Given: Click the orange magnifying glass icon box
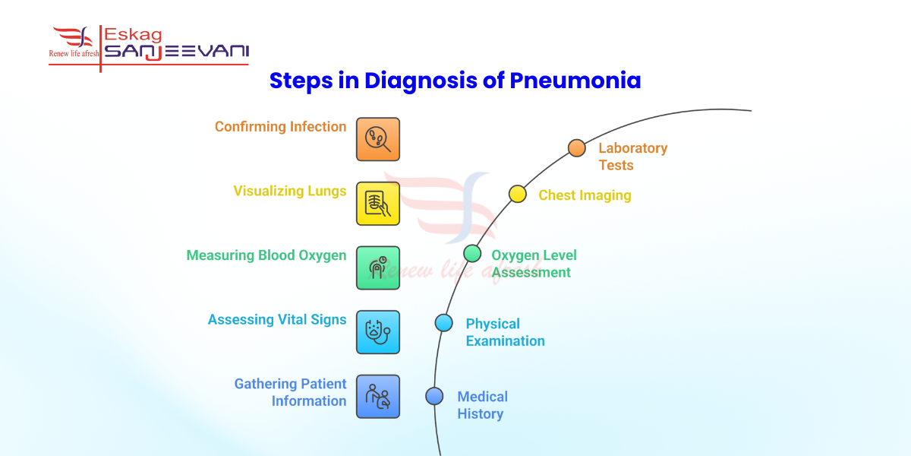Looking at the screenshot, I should point(378,139).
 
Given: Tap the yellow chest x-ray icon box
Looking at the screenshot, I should point(378,204).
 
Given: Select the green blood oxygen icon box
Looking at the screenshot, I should point(378,268).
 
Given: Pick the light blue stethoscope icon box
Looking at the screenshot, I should point(378,332).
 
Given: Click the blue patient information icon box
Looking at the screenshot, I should point(378,397).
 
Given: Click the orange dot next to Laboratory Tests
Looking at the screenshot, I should point(577,147).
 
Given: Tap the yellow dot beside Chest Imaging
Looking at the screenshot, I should point(517,194).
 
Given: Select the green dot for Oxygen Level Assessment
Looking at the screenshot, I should point(472,253).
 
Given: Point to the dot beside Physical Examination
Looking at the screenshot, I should point(444,322).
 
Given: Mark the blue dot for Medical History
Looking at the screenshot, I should point(434,396).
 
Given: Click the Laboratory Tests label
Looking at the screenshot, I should point(632,157).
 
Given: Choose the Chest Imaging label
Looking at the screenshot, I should point(585,195).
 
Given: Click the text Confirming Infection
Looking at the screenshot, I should point(280,127).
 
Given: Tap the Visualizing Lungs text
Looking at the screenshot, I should point(289,191).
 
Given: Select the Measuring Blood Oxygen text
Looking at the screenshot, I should point(266,255).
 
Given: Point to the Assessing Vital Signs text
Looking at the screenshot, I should point(277,320).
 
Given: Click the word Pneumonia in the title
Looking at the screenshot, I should point(575,81).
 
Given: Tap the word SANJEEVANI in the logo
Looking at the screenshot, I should point(176,52).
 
